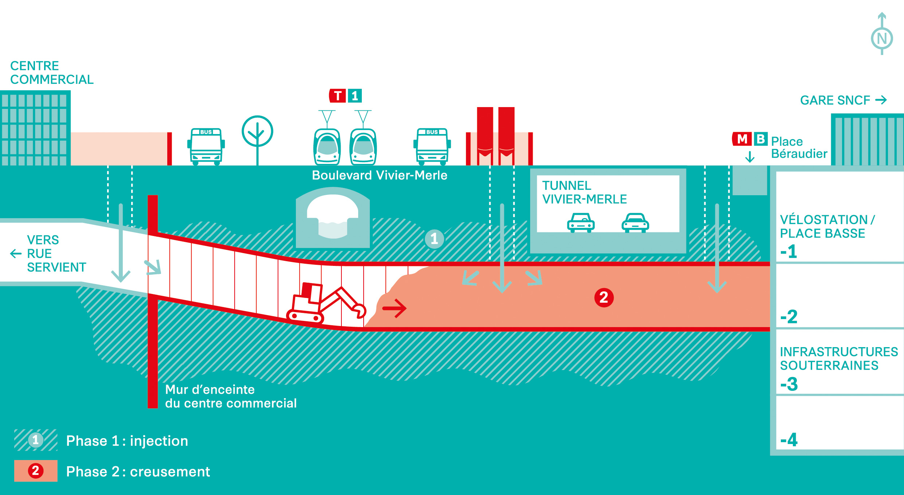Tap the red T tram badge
point(338,96)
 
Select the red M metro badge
point(742,139)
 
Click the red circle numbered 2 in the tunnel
point(604,298)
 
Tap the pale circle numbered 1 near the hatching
point(434,239)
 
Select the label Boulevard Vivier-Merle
point(379,176)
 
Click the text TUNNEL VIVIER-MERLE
point(584,192)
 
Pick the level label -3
point(789,384)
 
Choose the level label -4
point(789,440)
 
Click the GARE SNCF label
point(835,100)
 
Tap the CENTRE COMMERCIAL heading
point(52,72)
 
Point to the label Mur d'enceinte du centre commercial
point(231,396)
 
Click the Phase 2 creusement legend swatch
point(36,471)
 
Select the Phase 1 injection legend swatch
point(36,440)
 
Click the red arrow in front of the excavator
point(395,309)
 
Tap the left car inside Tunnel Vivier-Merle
point(581,223)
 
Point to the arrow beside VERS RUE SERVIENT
point(16,254)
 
